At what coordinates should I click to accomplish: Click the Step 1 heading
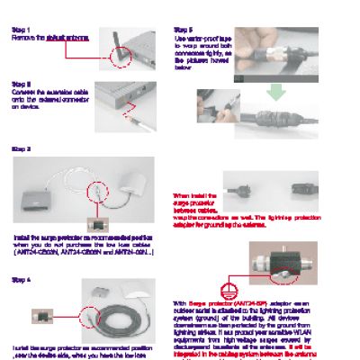coord(20,29)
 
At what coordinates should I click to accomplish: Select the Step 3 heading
coord(20,148)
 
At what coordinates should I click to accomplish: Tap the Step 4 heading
coord(20,280)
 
